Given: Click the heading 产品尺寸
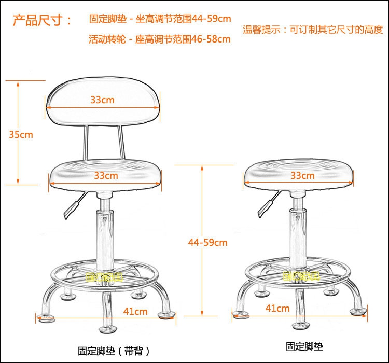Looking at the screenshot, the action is (x=42, y=20).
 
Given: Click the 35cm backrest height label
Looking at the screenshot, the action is (x=21, y=134).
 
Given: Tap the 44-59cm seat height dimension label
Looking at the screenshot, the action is (x=208, y=242).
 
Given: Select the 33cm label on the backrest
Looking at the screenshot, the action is (x=103, y=100).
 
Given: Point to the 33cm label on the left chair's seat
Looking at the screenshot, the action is (x=106, y=175).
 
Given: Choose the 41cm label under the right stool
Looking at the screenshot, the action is (x=277, y=309).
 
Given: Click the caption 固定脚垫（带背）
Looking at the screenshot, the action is (x=107, y=350).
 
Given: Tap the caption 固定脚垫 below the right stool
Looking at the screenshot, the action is (x=304, y=346).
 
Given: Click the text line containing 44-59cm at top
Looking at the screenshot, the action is (x=160, y=19).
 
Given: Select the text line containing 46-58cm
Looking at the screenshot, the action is (x=160, y=39).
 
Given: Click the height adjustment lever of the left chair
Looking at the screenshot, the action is (x=73, y=205).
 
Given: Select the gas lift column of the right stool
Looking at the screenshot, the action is (x=298, y=228).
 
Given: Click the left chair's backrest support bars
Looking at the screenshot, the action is (x=104, y=143).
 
